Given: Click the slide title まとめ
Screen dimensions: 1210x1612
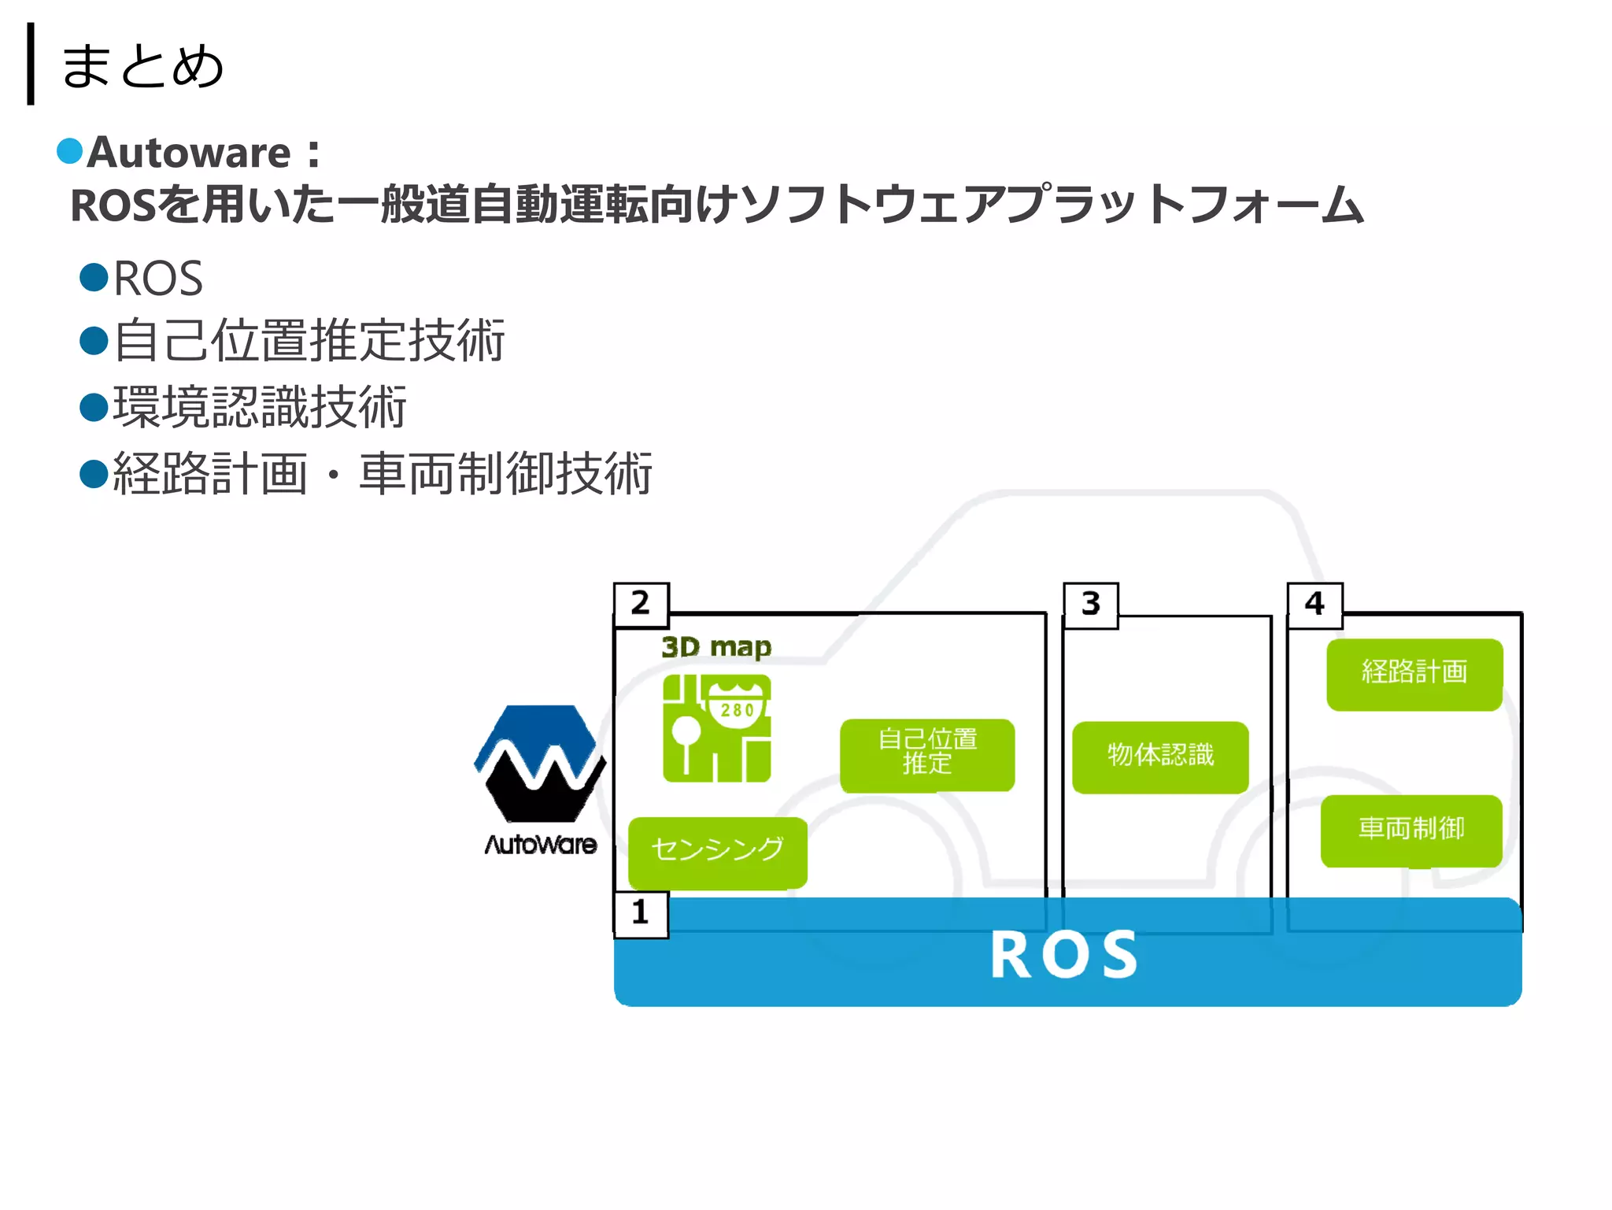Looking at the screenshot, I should pyautogui.click(x=142, y=66).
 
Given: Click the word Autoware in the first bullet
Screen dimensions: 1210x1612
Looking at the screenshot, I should pyautogui.click(x=189, y=153).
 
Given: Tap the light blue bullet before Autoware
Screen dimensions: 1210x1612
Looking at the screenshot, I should pyautogui.click(x=70, y=151).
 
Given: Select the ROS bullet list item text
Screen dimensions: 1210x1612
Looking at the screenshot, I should pyautogui.click(x=158, y=279).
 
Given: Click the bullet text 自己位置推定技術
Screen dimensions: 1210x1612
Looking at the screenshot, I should pyautogui.click(x=309, y=341).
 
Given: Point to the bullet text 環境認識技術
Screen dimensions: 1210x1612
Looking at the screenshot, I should pyautogui.click(x=260, y=407).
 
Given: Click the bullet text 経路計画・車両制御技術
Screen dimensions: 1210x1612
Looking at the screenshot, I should pyautogui.click(x=383, y=474).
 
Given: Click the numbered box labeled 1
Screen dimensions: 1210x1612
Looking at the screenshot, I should pyautogui.click(x=641, y=913).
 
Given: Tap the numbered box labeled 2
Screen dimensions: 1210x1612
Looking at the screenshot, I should pyautogui.click(x=641, y=604).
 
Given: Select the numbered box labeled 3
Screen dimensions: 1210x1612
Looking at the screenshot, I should pyautogui.click(x=1090, y=605).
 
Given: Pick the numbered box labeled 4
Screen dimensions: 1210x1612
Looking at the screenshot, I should pyautogui.click(x=1314, y=605).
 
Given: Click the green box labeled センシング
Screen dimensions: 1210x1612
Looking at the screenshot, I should pyautogui.click(x=717, y=850).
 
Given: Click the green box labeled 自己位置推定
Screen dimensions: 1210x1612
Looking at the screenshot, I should pyautogui.click(x=927, y=753).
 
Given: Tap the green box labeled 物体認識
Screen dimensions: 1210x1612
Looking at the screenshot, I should pyautogui.click(x=1160, y=755).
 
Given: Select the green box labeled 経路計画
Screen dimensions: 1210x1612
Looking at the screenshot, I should pyautogui.click(x=1414, y=673).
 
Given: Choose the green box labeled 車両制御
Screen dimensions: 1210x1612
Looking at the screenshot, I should pyautogui.click(x=1410, y=829).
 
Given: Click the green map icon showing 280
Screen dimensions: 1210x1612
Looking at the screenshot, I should pyautogui.click(x=716, y=728).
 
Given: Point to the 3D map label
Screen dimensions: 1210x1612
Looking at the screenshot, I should pyautogui.click(x=715, y=647).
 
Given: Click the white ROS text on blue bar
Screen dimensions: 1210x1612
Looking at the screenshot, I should pyautogui.click(x=1063, y=955).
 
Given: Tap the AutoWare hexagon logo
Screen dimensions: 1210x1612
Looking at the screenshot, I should pyautogui.click(x=540, y=764).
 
